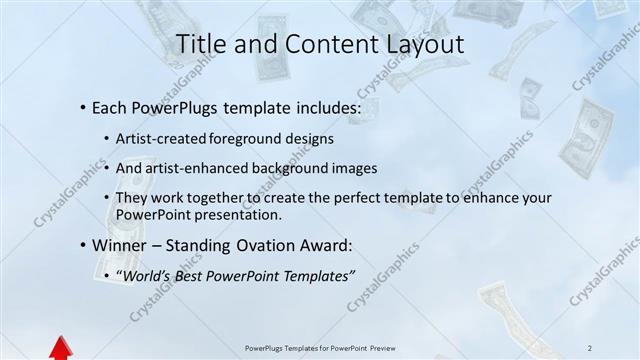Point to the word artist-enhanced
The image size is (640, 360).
tap(196, 168)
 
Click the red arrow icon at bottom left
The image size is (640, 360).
tap(60, 348)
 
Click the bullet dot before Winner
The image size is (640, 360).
tap(82, 245)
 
